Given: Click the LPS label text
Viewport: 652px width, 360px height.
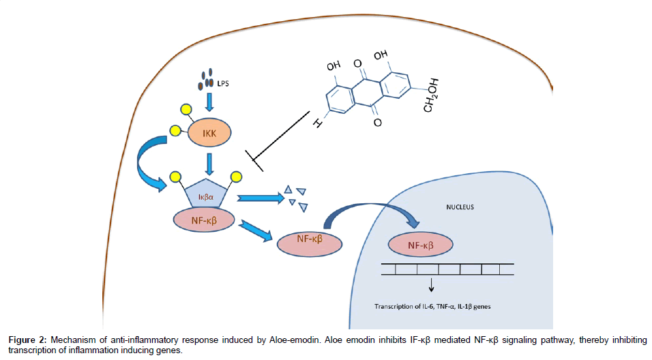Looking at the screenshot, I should click(222, 84).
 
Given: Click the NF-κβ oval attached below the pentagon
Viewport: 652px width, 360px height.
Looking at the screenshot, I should click(205, 220).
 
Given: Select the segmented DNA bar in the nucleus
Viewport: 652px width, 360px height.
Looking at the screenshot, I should click(443, 269).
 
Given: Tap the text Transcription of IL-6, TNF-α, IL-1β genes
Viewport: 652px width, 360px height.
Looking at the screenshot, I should click(432, 306).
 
